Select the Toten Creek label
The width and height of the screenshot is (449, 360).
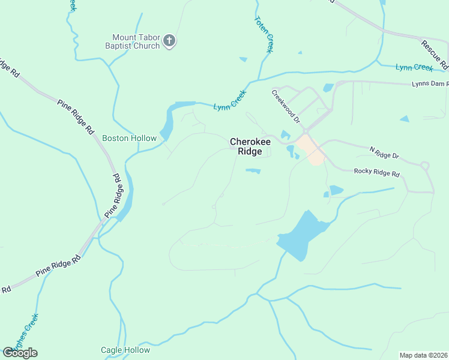click(264, 35)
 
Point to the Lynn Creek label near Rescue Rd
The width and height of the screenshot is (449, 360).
click(414, 67)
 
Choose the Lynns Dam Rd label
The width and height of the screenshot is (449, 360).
click(430, 84)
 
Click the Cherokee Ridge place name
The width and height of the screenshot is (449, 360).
click(250, 146)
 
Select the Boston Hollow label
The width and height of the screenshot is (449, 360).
click(129, 138)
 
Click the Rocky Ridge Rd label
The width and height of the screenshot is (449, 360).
click(376, 172)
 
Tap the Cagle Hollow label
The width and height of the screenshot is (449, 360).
click(125, 350)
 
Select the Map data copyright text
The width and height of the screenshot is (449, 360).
click(423, 355)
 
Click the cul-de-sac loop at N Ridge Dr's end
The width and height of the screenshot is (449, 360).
click(426, 166)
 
